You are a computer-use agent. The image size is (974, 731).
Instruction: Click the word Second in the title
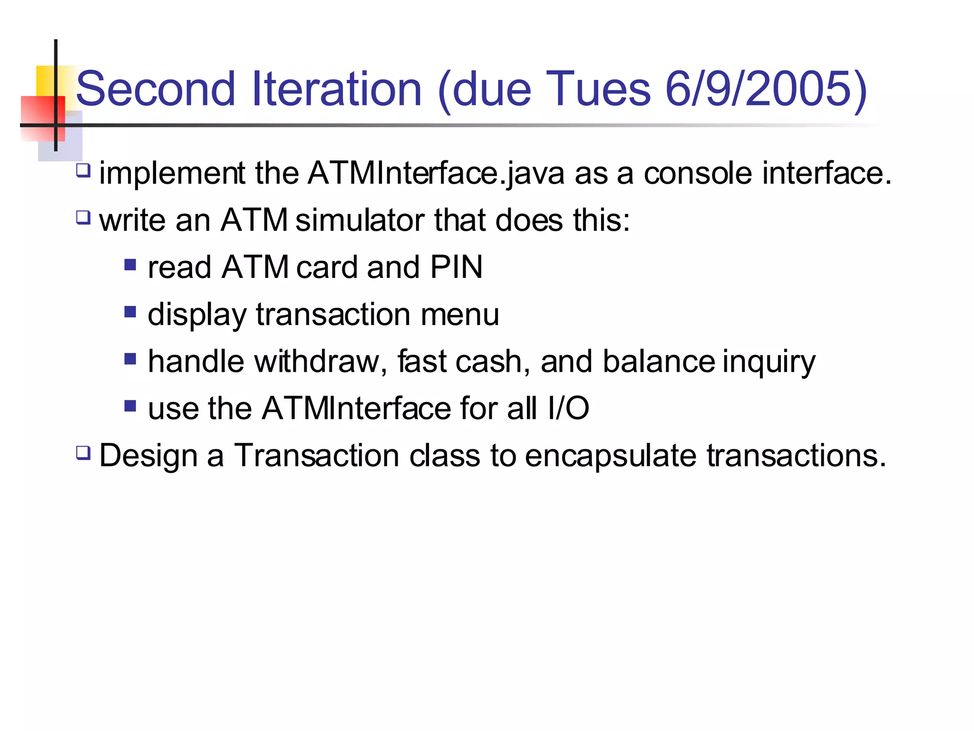156,89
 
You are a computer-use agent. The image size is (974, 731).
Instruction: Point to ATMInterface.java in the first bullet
436,173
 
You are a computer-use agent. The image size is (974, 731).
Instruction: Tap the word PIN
456,267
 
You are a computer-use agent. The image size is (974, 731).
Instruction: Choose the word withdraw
316,361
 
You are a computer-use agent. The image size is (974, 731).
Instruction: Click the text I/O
568,408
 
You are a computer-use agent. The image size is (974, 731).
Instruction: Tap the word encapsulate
611,456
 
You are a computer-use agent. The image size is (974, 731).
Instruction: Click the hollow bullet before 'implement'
83,170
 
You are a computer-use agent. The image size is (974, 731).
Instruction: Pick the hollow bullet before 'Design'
83,453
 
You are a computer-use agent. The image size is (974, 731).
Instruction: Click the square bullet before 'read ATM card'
130,265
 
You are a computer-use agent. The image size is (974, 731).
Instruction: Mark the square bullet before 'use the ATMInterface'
130,406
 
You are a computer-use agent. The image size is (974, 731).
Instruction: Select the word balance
659,361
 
